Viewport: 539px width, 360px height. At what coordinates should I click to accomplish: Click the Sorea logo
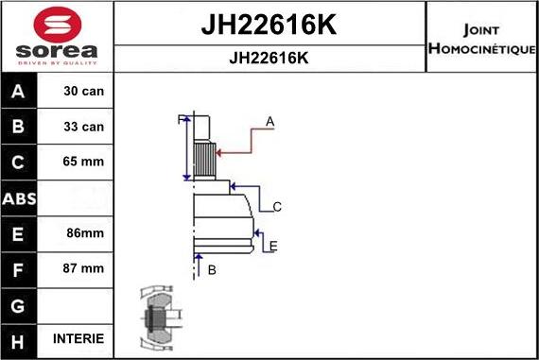tap(57, 37)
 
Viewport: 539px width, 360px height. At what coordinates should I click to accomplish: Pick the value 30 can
tap(83, 91)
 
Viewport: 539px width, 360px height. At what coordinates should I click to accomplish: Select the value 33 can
tap(83, 127)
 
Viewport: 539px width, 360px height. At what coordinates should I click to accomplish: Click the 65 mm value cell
tap(83, 162)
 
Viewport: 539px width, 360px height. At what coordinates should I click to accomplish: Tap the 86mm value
tap(83, 232)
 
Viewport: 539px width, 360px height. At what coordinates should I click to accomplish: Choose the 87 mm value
tap(83, 268)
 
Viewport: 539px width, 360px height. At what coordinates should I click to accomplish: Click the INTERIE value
tap(83, 338)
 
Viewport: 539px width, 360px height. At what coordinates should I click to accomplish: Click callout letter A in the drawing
tap(269, 121)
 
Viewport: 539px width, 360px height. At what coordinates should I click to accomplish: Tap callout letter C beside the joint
tap(277, 207)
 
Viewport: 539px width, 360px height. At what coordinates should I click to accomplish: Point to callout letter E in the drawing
tap(272, 247)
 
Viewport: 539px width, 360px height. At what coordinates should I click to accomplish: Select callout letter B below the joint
tap(212, 270)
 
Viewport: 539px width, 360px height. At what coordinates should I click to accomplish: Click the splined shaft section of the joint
tap(204, 151)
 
